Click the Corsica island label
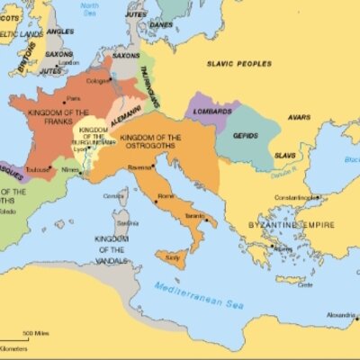(113, 195)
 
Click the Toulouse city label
(38, 168)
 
